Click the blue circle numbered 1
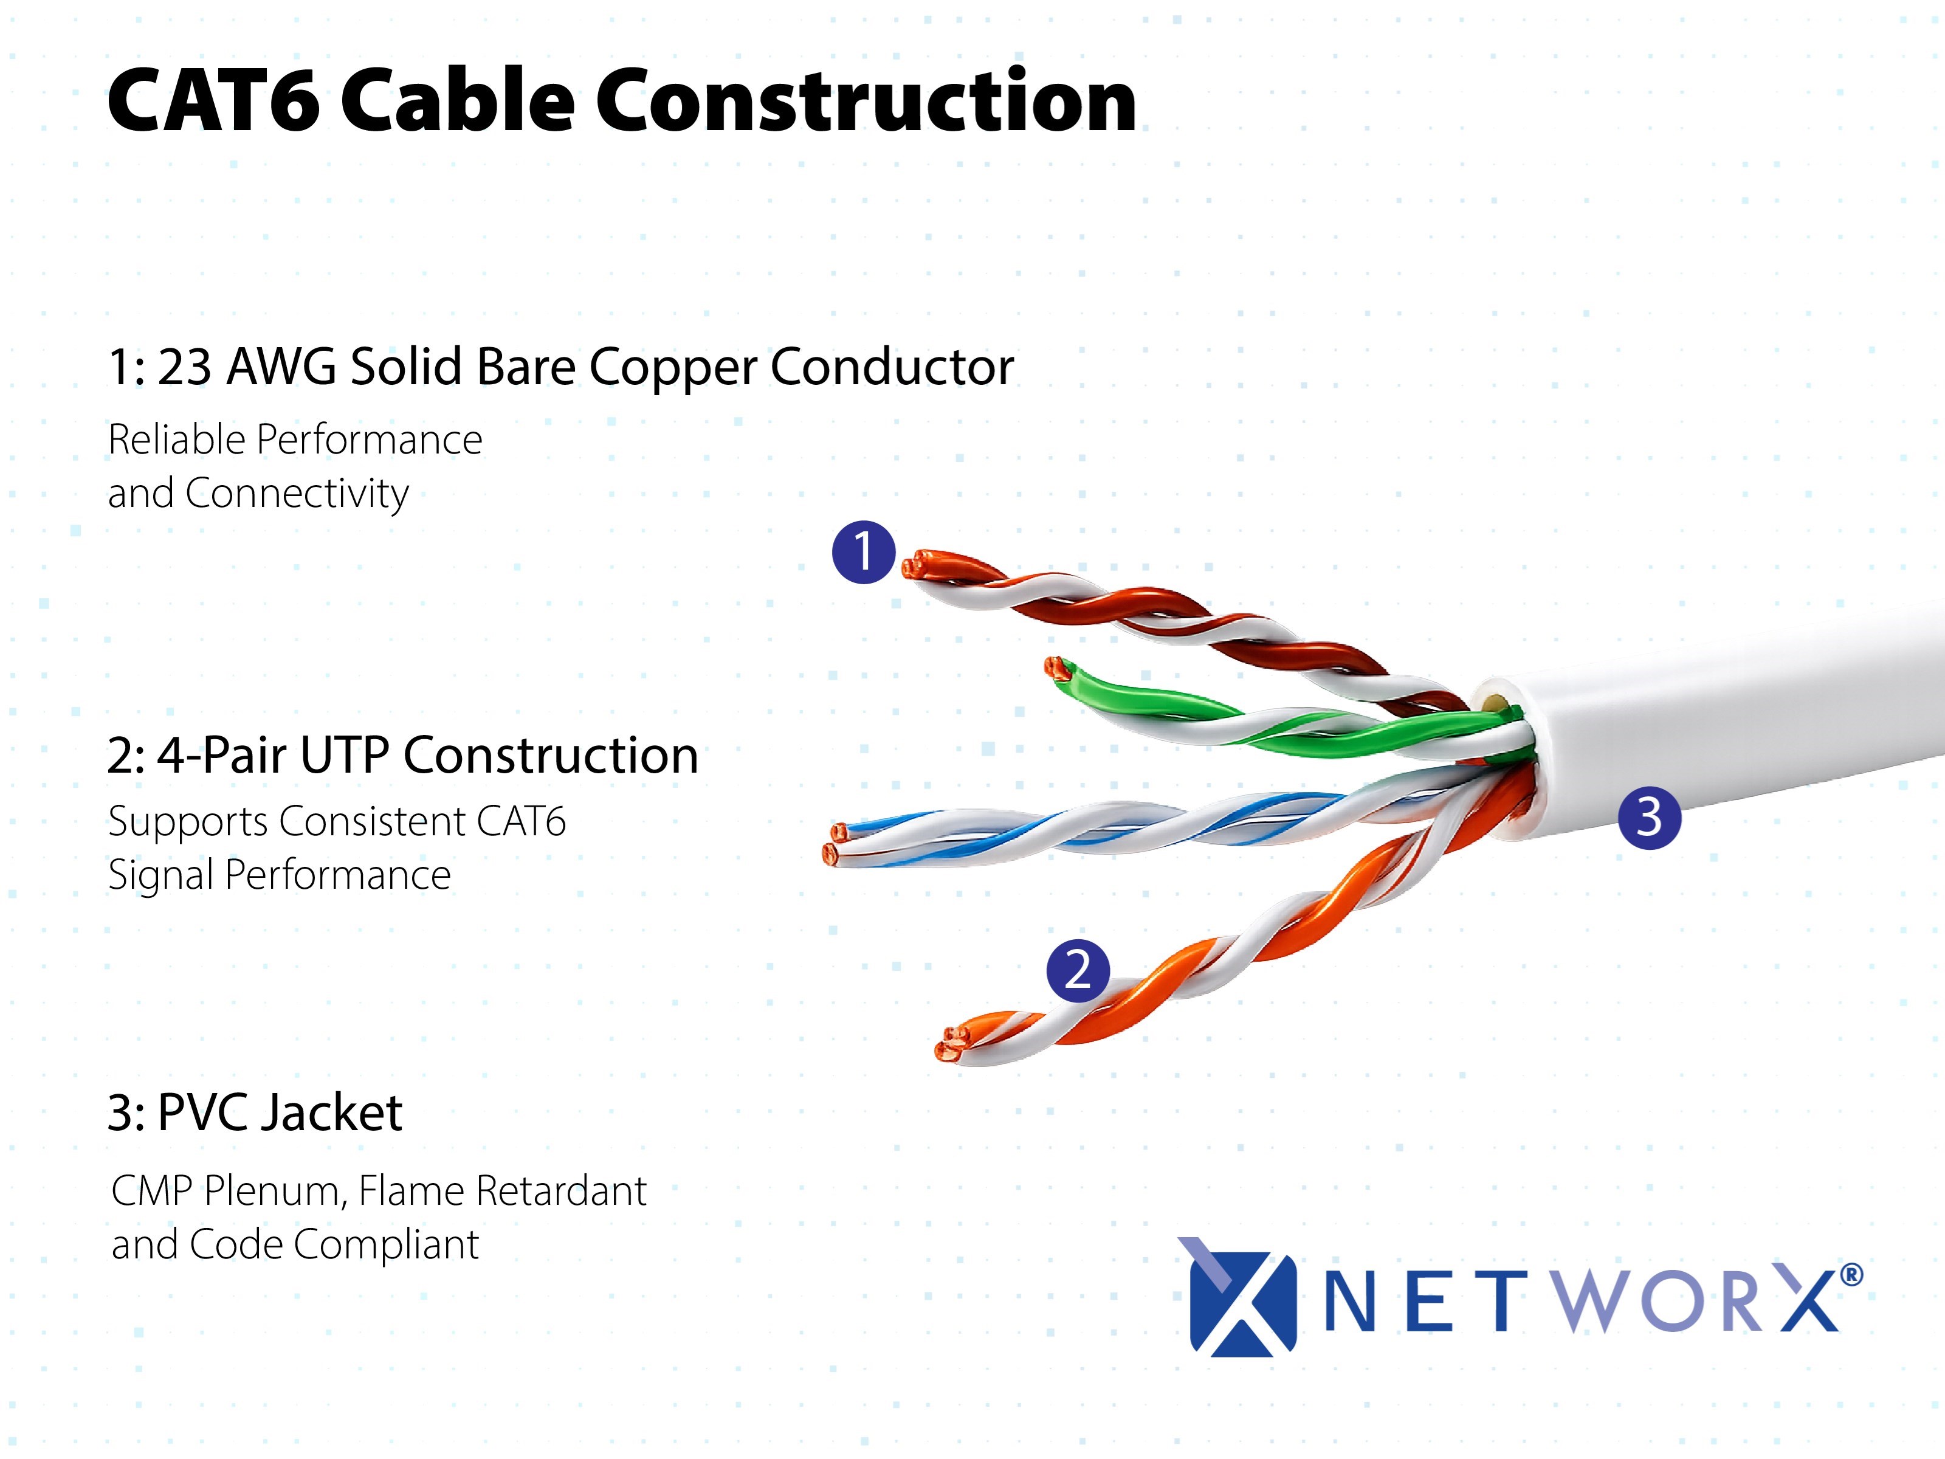coord(864,551)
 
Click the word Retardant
coord(562,1192)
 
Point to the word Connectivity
coord(297,494)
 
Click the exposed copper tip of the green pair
coord(1056,667)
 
